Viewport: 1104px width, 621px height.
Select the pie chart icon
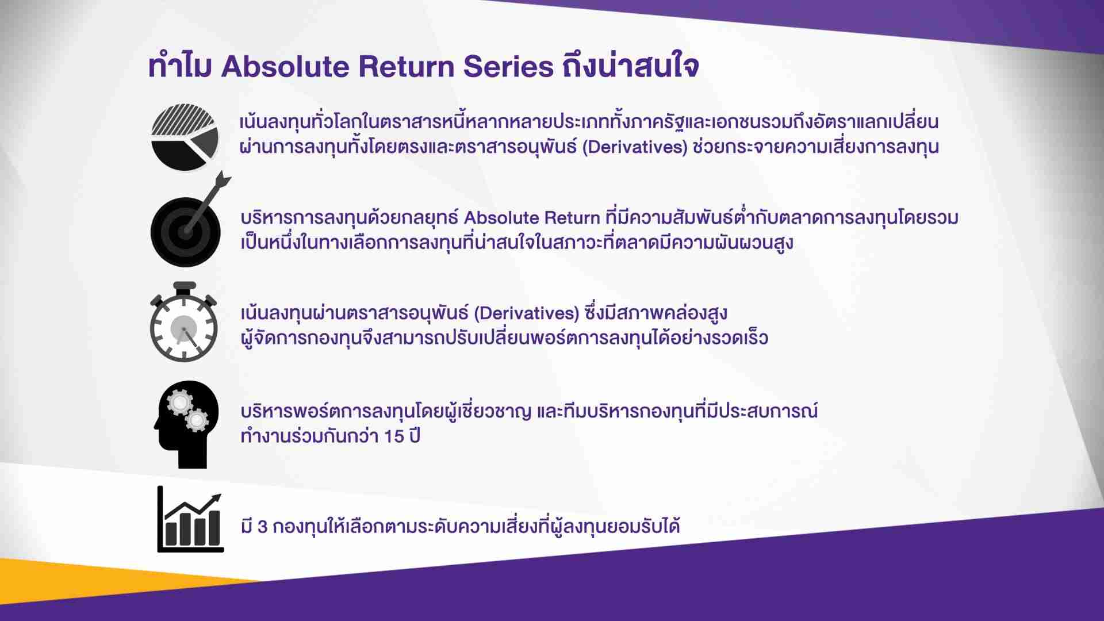185,137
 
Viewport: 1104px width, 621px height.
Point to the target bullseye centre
186,232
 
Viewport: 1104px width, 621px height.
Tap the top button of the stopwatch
185,286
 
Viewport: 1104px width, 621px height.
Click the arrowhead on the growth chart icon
216,499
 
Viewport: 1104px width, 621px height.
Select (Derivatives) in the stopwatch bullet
526,313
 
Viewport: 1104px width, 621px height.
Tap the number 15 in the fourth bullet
393,436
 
